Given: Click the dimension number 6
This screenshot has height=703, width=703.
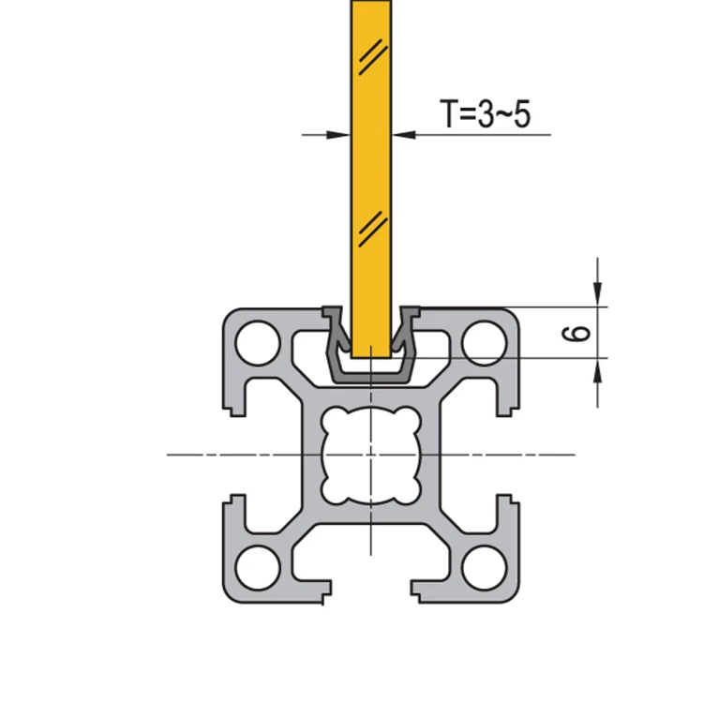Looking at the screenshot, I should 578,332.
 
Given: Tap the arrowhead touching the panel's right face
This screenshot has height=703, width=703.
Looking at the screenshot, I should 400,135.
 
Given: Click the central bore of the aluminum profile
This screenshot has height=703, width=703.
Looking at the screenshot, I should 370,455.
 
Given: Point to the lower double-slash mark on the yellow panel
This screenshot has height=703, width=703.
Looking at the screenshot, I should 370,226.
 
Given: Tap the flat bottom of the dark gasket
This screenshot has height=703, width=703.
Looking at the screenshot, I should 370,372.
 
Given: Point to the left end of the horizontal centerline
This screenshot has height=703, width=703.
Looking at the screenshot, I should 169,455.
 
